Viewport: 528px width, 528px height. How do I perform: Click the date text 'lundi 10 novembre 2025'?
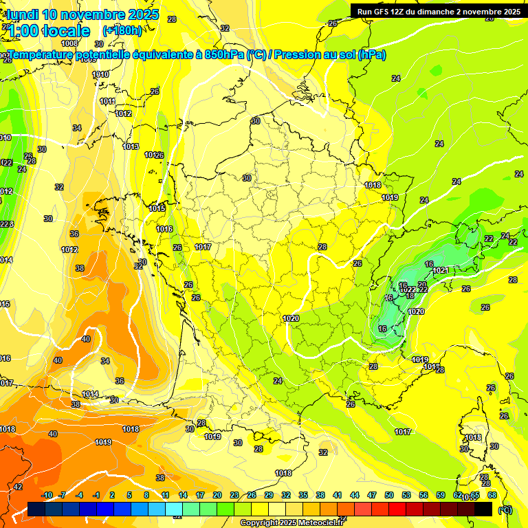click(83, 14)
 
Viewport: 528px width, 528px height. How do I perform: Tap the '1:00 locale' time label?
click(49, 31)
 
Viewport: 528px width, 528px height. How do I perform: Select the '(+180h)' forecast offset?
click(122, 30)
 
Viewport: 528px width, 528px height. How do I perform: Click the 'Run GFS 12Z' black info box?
click(437, 11)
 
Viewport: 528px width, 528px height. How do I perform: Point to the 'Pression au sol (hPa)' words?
click(330, 54)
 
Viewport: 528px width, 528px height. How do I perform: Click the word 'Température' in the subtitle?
click(42, 54)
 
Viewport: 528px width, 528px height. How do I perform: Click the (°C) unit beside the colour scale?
click(505, 510)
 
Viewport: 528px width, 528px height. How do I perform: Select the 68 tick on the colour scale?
click(492, 495)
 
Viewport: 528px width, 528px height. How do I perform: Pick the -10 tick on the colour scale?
click(47, 495)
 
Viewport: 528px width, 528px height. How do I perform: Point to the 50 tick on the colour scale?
click(389, 495)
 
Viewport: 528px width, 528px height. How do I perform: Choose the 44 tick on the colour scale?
click(355, 495)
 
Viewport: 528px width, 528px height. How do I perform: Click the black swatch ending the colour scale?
click(484, 509)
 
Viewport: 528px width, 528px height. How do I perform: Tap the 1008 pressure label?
click(69, 63)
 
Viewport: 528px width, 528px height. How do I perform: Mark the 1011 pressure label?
click(107, 101)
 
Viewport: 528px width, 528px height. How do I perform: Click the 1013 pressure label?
click(131, 146)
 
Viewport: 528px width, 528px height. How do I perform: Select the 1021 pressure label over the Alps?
click(441, 270)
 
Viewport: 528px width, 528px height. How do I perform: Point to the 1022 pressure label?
click(408, 289)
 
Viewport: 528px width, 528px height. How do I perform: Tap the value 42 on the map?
click(18, 487)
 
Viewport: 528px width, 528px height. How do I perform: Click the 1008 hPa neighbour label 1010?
click(100, 74)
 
